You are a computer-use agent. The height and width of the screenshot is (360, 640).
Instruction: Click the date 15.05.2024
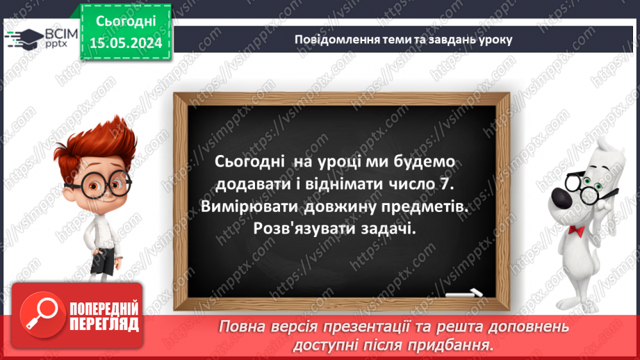[x=126, y=43]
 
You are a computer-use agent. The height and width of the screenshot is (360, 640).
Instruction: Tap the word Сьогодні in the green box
[x=126, y=23]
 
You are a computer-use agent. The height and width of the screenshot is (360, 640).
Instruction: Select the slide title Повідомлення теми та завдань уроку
[x=403, y=39]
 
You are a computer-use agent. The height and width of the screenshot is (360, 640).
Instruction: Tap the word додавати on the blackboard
[x=249, y=184]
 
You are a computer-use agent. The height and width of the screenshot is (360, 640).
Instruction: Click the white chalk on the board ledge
[x=467, y=293]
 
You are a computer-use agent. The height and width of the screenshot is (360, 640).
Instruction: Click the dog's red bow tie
[x=575, y=229]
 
